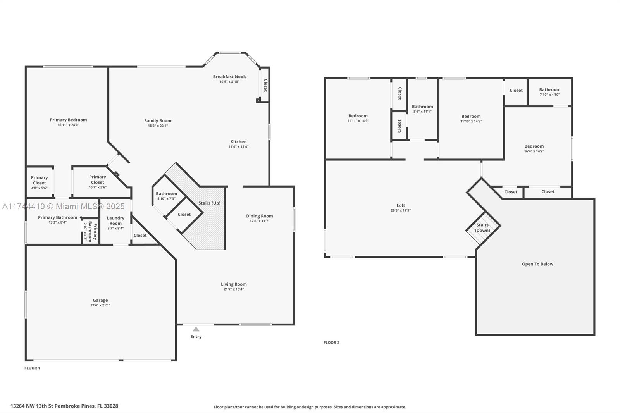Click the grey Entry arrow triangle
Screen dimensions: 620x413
(x=196, y=329)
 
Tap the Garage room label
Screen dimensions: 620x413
(x=100, y=300)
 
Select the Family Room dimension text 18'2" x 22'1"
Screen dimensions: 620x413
(x=158, y=126)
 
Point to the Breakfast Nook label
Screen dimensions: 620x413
(x=229, y=77)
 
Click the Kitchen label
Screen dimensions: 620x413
(x=239, y=142)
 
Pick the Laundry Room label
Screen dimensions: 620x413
(x=115, y=220)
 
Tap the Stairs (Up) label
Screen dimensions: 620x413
(x=209, y=203)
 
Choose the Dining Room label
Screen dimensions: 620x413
(x=260, y=216)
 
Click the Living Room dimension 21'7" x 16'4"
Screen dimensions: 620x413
(x=234, y=289)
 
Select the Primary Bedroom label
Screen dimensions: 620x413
(x=68, y=120)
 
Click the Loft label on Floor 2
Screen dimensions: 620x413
(x=401, y=205)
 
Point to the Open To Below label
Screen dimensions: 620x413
(x=537, y=264)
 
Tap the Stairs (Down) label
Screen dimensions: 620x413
(x=482, y=227)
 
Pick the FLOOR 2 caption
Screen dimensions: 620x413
(x=331, y=342)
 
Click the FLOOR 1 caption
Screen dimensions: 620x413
(x=32, y=368)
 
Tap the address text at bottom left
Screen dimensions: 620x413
(x=64, y=406)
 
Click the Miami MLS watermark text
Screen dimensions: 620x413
(x=64, y=206)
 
